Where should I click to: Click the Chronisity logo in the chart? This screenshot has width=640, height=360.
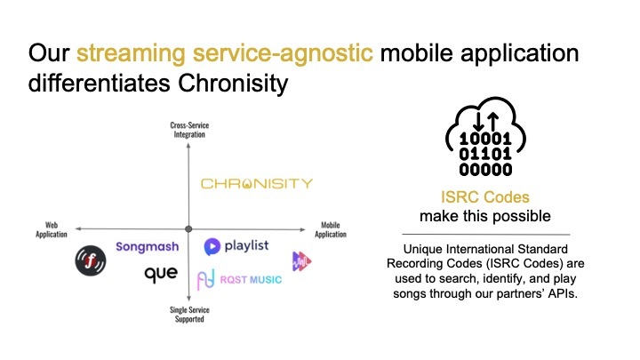pyautogui.click(x=256, y=184)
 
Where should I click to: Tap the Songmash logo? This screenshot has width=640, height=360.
pyautogui.click(x=148, y=246)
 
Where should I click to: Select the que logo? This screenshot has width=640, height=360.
pyautogui.click(x=161, y=274)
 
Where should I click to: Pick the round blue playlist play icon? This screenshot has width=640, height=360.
pyautogui.click(x=212, y=246)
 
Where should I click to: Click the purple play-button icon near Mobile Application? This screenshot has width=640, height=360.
pyautogui.click(x=302, y=260)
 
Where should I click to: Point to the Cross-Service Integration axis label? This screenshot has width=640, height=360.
pyautogui.click(x=188, y=130)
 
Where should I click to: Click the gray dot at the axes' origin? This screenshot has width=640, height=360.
pyautogui.click(x=188, y=228)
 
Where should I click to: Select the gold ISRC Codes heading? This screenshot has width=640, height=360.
pyautogui.click(x=484, y=199)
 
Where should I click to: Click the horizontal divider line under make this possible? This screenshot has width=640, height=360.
pyautogui.click(x=484, y=234)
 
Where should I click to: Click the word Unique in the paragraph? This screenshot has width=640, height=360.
pyautogui.click(x=422, y=247)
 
